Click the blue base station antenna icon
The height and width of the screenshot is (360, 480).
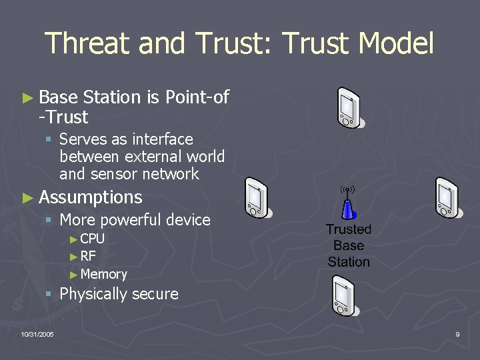point(347,205)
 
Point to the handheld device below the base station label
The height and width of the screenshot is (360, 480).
point(345,297)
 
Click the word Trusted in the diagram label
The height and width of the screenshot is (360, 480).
point(348,229)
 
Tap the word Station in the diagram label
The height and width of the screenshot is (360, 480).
point(348,261)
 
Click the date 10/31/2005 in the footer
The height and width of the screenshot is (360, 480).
point(37,334)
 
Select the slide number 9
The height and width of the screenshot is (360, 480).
point(457,334)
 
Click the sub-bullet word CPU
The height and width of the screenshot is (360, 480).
point(92,239)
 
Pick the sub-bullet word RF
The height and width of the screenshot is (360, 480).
point(88,256)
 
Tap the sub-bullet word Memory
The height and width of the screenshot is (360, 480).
point(103,274)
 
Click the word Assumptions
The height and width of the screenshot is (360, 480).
point(91,197)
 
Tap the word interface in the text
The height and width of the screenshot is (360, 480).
point(163,139)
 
